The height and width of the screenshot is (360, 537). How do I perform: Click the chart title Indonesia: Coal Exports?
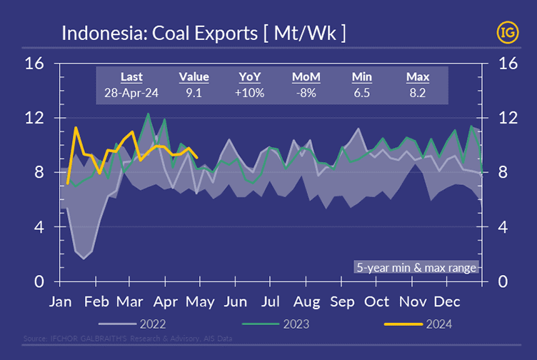[x=204, y=33]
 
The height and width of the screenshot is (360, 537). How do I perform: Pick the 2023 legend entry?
[x=292, y=324]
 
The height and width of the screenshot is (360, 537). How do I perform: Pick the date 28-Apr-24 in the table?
[x=131, y=91]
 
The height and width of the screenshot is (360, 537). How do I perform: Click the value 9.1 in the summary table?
[x=194, y=91]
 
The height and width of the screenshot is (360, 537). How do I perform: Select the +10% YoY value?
[x=251, y=91]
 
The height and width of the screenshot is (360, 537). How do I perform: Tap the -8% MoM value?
[x=306, y=91]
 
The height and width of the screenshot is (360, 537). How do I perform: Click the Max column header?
[x=417, y=76]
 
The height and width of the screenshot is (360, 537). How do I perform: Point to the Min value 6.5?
[x=362, y=91]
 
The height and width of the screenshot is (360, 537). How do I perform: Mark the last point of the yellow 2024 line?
[x=197, y=157]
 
